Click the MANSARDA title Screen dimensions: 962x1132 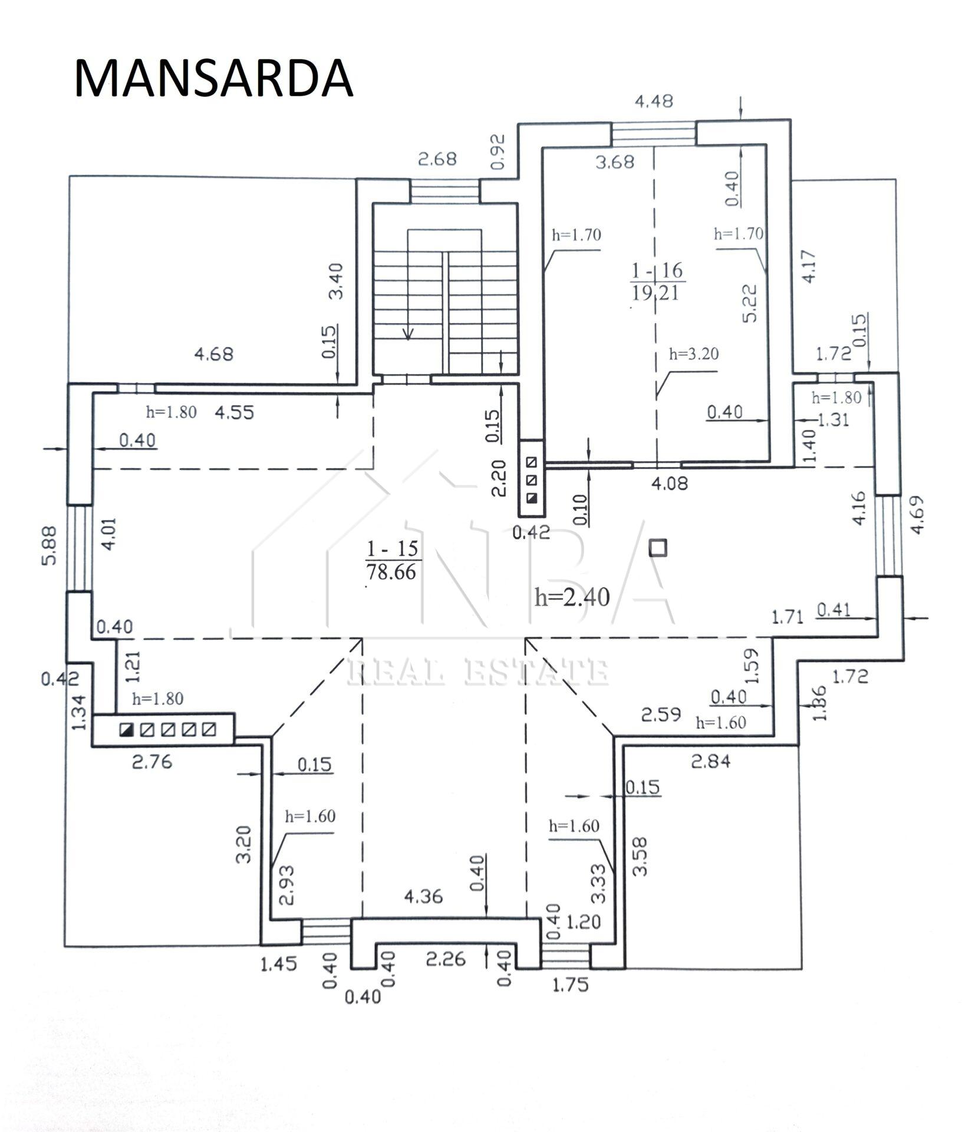coord(213,78)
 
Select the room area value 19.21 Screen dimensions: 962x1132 coord(655,292)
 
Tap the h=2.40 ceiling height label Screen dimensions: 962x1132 coord(572,597)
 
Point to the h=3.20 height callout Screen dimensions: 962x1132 coord(694,354)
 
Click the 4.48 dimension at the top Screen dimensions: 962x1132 coord(654,101)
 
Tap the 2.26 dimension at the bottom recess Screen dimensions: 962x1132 coord(446,959)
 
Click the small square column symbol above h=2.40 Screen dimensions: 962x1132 coord(658,548)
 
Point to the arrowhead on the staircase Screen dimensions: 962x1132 coord(407,333)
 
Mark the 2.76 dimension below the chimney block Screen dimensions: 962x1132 coord(152,762)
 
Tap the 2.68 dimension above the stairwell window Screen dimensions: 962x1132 coord(437,159)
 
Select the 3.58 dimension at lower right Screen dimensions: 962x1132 coord(641,856)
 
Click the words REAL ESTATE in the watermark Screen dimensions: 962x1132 coord(478,672)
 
